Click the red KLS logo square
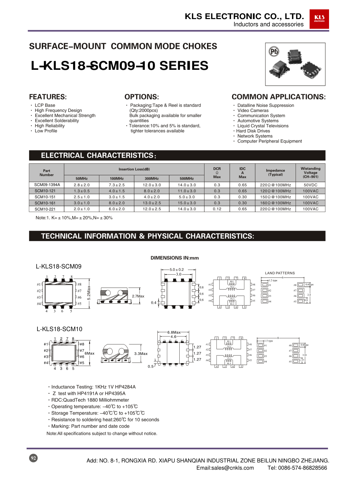[319, 19]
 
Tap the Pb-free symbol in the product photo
[274, 51]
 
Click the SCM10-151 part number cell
[45, 197]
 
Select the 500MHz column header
[187, 179]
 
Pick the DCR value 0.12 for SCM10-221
[217, 209]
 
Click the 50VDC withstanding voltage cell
[310, 185]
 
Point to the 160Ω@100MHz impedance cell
[275, 203]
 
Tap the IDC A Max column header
[242, 173]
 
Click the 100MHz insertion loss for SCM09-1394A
[117, 185]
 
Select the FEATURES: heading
[48, 97]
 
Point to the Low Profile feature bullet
[46, 131]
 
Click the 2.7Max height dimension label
[138, 296]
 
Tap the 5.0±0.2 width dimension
[177, 270]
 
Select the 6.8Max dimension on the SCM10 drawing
[174, 333]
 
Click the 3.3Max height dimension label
[141, 354]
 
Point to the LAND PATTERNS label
[280, 273]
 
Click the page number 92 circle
[33, 458]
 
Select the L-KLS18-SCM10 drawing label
[59, 329]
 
